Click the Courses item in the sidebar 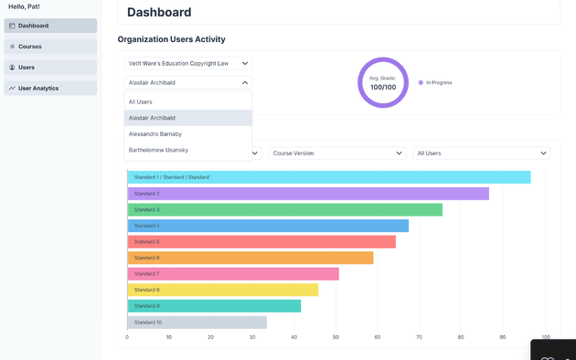(50, 47)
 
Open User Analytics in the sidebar (50, 88)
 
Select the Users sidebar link (50, 68)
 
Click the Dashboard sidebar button (50, 26)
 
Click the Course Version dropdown (337, 153)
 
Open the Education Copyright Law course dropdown (187, 63)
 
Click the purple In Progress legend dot (421, 82)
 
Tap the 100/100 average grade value (383, 88)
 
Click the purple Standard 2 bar (308, 194)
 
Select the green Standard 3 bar (285, 209)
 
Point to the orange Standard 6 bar (251, 258)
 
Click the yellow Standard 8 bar (223, 290)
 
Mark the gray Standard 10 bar (197, 323)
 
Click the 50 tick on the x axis (336, 337)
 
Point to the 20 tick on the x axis (210, 337)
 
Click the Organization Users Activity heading (171, 39)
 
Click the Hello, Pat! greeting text (24, 6)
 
